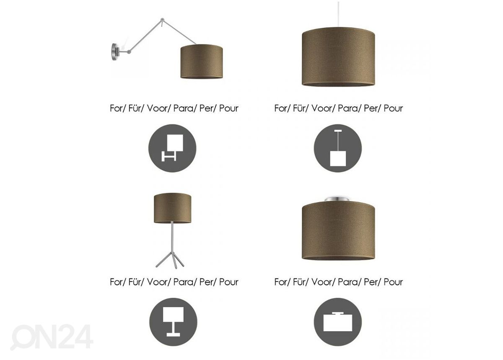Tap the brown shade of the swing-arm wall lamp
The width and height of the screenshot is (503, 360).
202,61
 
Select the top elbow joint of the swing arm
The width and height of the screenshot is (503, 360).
162,20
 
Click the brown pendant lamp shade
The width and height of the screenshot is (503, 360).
338,57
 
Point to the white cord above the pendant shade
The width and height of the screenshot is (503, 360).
338,14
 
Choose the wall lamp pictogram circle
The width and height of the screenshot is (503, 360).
172,148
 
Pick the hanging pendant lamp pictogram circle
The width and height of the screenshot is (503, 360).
338,148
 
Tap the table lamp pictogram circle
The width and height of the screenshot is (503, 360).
173,322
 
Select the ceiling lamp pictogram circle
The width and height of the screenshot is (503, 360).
338,322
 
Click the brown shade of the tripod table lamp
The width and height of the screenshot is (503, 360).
172,208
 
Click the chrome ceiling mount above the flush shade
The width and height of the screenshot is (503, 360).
338,199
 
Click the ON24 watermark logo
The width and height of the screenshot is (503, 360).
52,337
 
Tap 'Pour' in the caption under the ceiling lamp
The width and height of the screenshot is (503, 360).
393,282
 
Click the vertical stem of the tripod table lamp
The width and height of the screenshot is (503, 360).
172,238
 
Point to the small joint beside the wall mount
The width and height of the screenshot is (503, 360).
129,52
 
